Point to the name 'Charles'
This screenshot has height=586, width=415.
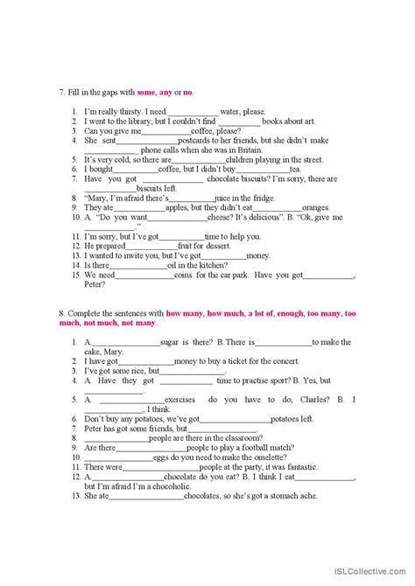(306, 399)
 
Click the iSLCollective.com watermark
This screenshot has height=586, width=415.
(372, 573)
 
